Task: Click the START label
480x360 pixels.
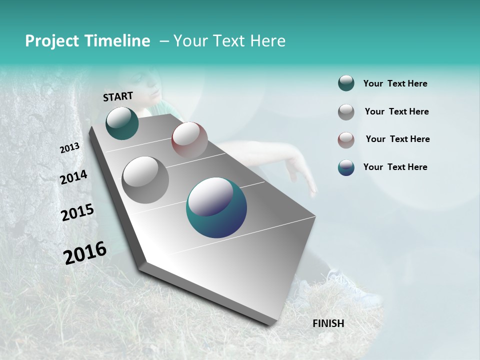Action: tap(118, 96)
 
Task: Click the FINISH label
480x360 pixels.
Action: tap(328, 323)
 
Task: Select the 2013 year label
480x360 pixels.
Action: tap(69, 148)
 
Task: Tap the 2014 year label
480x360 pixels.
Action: tap(73, 177)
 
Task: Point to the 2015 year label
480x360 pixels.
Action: tap(77, 212)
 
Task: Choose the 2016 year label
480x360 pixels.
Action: tap(85, 252)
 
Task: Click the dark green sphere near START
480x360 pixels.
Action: tap(122, 123)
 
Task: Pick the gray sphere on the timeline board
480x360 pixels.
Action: tap(145, 179)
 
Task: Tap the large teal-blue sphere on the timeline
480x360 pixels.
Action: tap(216, 207)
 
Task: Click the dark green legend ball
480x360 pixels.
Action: tap(346, 83)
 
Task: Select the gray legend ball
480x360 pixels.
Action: tap(346, 112)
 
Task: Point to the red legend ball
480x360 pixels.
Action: tap(346, 139)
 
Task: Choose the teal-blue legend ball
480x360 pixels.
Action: tap(346, 167)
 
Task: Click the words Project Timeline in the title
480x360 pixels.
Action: tap(87, 41)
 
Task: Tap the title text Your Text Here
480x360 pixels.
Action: tap(229, 41)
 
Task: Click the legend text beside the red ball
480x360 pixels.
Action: tap(397, 139)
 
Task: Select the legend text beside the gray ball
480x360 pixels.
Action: tap(396, 111)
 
